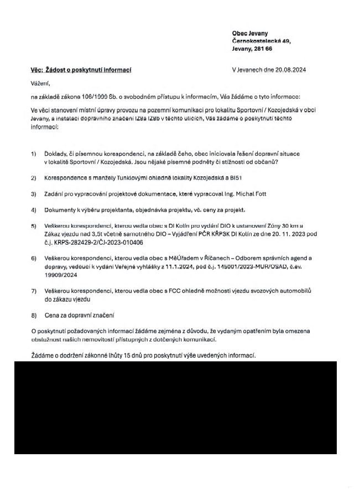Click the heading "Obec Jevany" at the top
pyautogui.click(x=251, y=33)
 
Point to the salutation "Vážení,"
pyautogui.click(x=40, y=83)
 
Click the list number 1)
pyautogui.click(x=34, y=153)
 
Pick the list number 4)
pyautogui.click(x=34, y=210)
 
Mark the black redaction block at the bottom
pyautogui.click(x=175, y=407)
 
